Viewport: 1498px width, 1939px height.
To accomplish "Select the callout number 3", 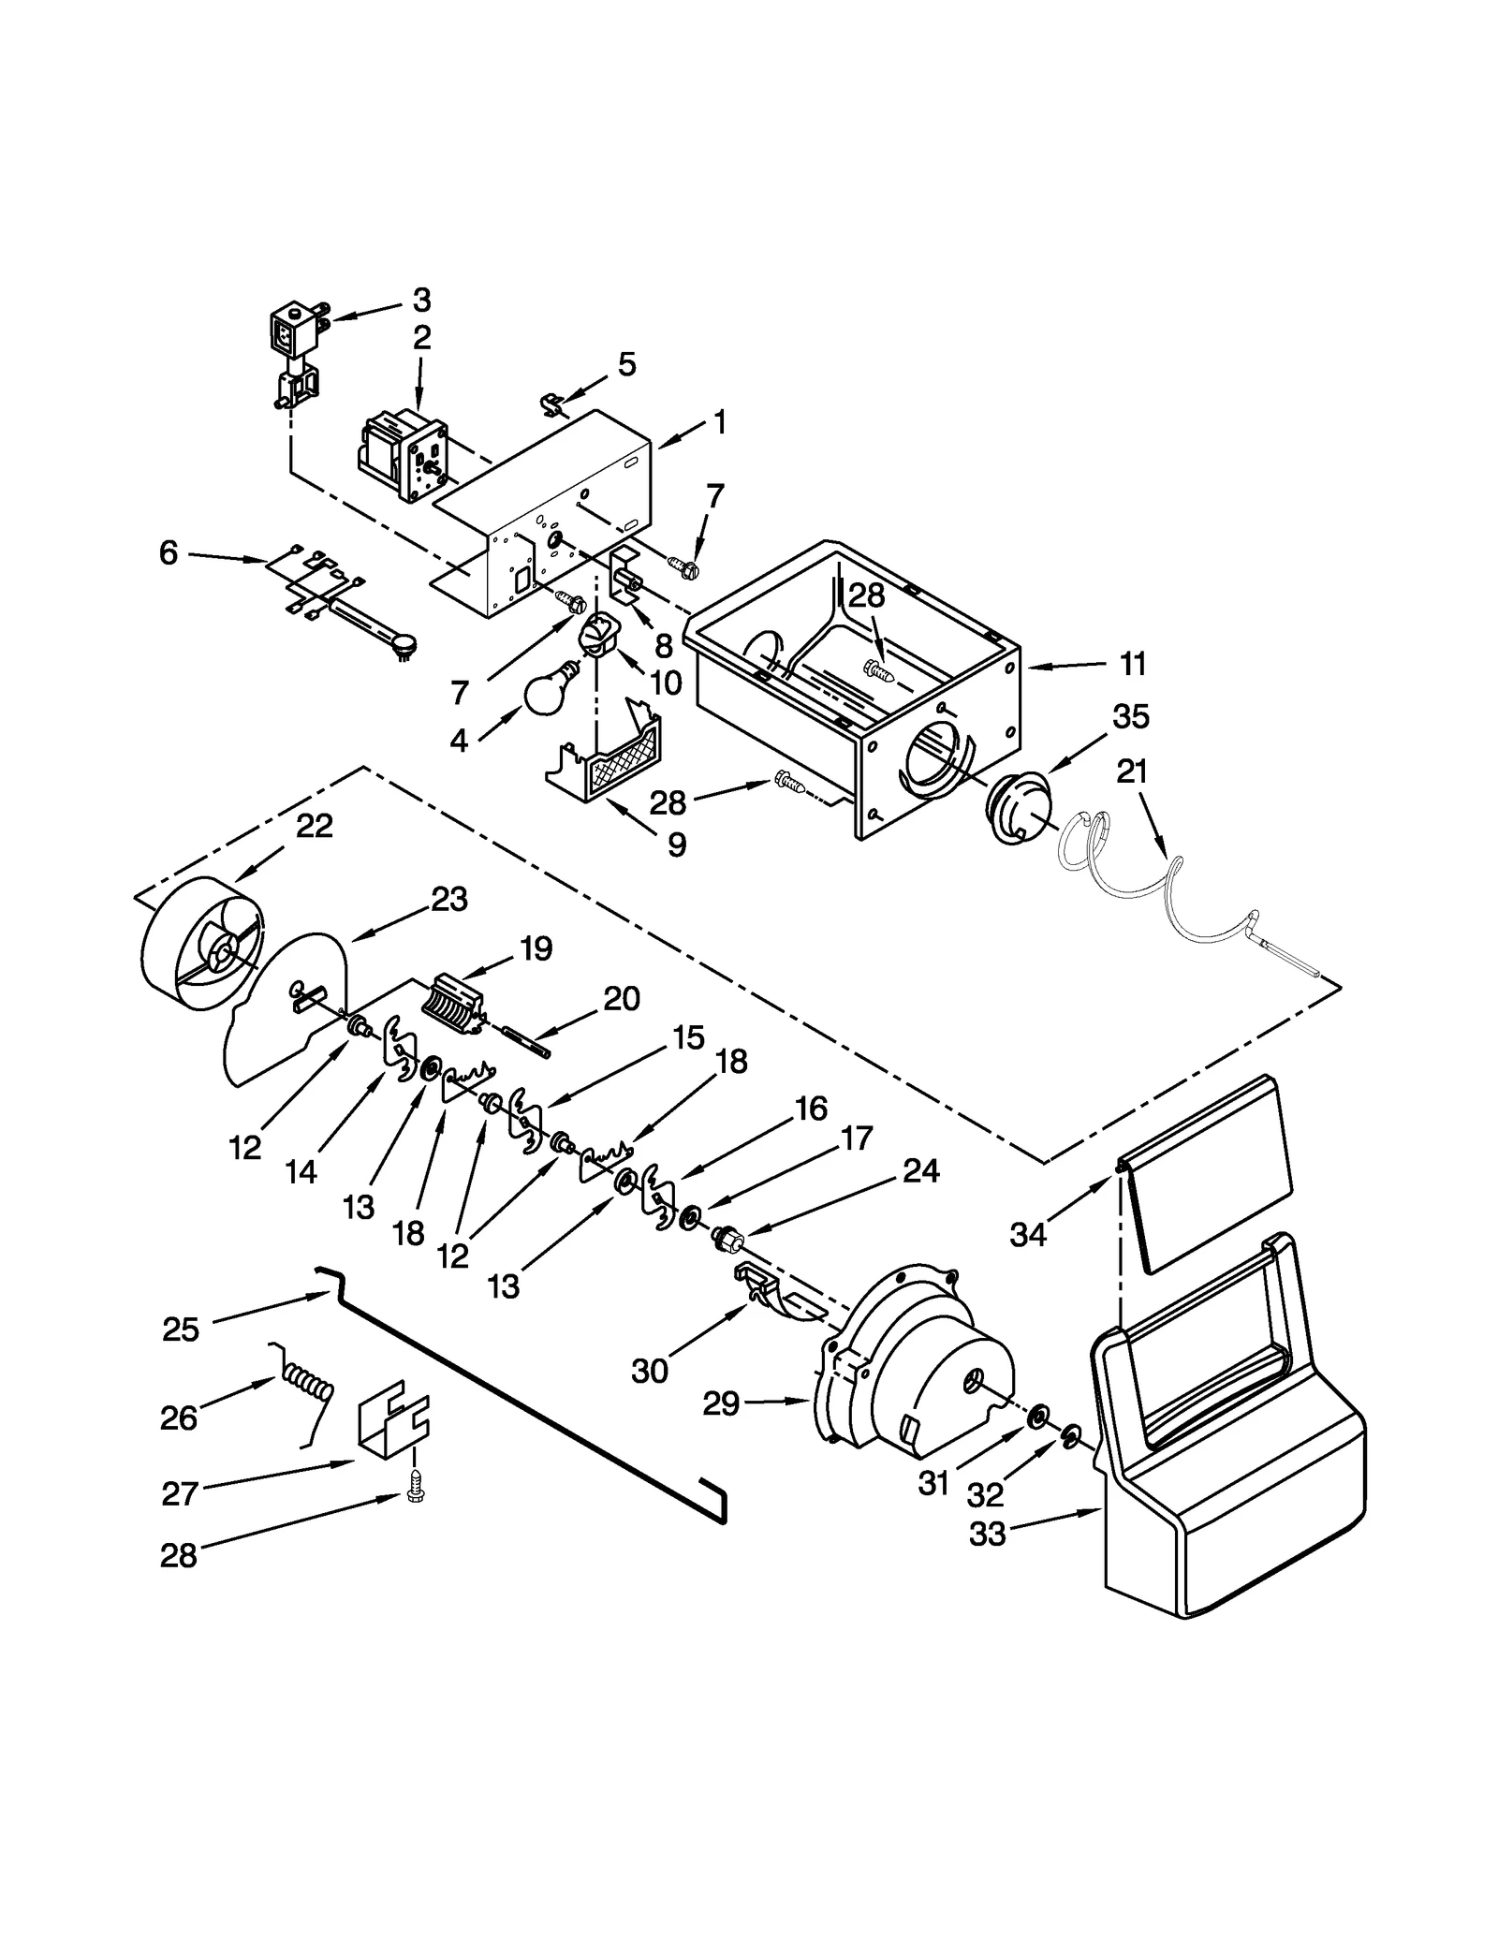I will [422, 301].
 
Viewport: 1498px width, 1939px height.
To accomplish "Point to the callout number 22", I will [315, 826].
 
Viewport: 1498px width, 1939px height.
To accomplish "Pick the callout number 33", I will [987, 1534].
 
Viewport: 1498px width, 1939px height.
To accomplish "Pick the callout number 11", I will [1133, 665].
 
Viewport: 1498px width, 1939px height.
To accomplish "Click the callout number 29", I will [721, 1430].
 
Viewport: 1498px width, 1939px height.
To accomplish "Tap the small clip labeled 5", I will [555, 405].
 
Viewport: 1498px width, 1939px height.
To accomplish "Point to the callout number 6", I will [168, 553].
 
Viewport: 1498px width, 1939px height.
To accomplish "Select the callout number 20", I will [622, 999].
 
